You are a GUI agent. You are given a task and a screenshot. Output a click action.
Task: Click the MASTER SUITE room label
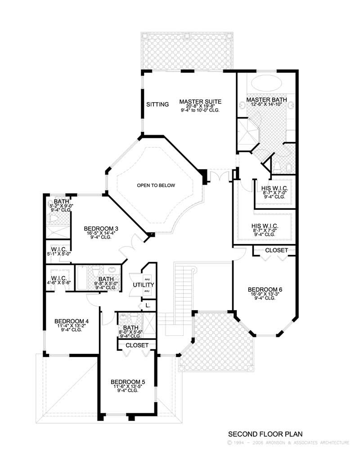point(200,101)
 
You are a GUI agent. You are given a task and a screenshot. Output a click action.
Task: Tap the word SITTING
point(157,104)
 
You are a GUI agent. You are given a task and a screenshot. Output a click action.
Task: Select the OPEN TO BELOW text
point(156,185)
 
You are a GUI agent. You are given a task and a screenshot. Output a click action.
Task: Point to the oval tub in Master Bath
point(265,83)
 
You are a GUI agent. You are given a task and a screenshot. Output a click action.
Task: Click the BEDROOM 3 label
point(101,229)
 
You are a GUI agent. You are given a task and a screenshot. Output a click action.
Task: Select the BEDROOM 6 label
point(265,289)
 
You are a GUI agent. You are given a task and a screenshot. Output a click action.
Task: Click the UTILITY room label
point(144,285)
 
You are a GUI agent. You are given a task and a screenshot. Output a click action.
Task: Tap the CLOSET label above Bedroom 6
point(273,250)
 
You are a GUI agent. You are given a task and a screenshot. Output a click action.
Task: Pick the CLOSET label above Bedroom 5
point(137,345)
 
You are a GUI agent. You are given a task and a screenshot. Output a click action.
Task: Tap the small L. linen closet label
point(147,306)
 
